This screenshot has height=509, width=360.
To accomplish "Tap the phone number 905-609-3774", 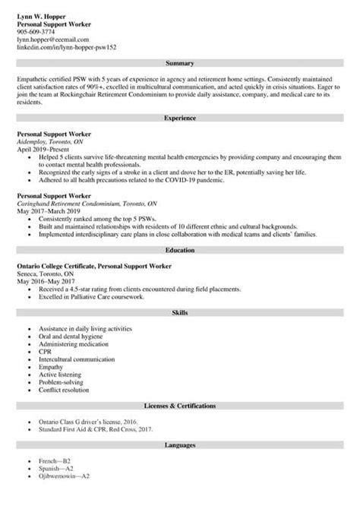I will coord(36,32).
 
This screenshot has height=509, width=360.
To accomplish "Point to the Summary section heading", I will coord(179,64).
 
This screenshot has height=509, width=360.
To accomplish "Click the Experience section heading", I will coord(179,119).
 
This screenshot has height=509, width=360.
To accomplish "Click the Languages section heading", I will coord(179,444).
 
